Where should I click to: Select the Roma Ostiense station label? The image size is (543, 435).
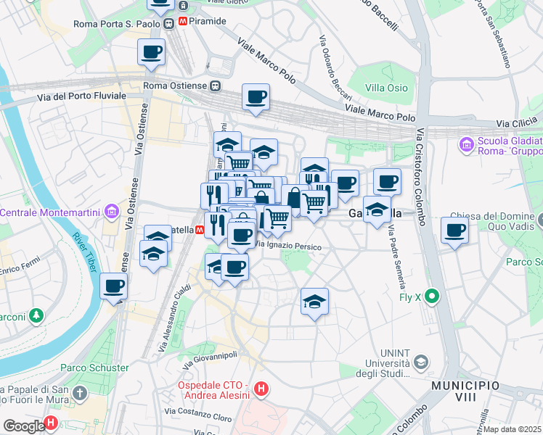pyautogui.click(x=176, y=86)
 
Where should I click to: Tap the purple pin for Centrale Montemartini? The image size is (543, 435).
pyautogui.click(x=111, y=212)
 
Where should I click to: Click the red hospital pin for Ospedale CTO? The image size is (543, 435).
pyautogui.click(x=261, y=390)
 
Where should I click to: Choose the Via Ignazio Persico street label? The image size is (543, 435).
pyautogui.click(x=287, y=246)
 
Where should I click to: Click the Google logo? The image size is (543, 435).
pyautogui.click(x=23, y=426)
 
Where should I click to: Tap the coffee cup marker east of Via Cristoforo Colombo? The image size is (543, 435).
pyautogui.click(x=454, y=231)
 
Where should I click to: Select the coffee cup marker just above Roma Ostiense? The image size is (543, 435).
pyautogui.click(x=151, y=52)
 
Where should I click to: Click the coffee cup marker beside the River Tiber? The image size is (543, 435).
pyautogui.click(x=113, y=286)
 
